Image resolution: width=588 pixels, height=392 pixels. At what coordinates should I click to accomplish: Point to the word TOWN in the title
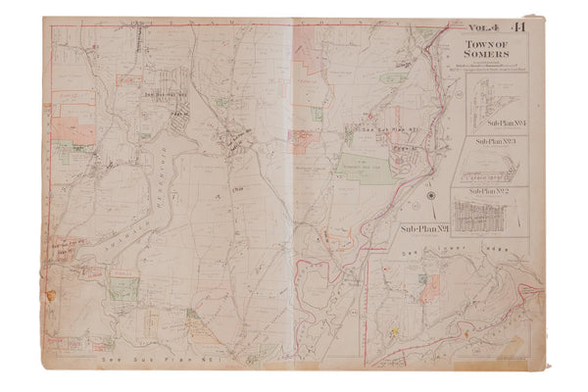click(487, 45)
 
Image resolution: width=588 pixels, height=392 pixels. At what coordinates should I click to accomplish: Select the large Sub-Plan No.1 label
click(427, 229)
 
